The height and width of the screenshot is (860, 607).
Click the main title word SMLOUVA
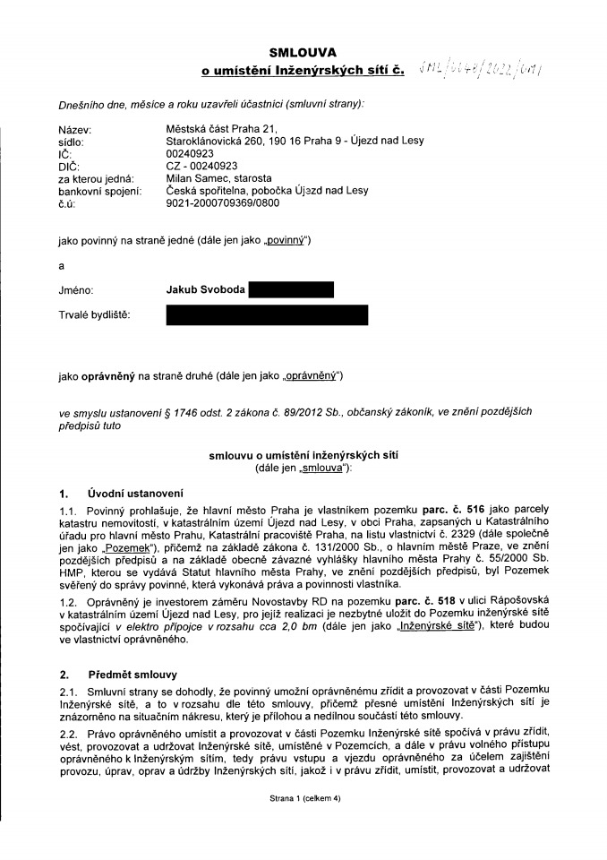point(303,54)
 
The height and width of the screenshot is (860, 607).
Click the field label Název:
point(76,130)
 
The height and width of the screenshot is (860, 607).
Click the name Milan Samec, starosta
point(219,178)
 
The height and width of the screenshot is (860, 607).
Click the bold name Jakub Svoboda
point(204,289)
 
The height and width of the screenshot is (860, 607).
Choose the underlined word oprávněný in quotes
point(312,375)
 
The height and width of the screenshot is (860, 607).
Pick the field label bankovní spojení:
point(99,190)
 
